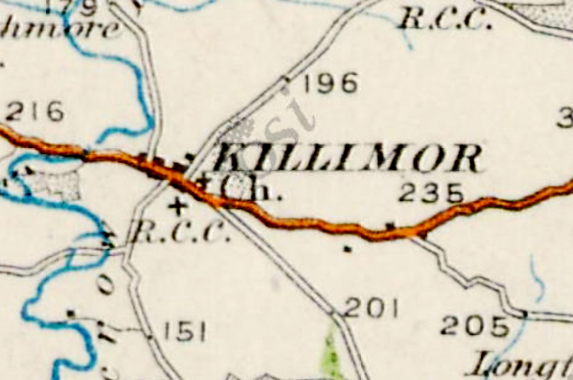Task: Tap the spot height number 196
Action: tap(330, 83)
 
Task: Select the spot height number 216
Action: tap(35, 112)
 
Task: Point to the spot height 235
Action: tap(430, 193)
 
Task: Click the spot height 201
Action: tap(371, 308)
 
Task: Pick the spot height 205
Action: tap(475, 326)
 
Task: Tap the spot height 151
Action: tap(184, 333)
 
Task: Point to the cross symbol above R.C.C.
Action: tap(178, 205)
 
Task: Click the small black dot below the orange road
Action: tap(347, 249)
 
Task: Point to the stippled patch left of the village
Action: tap(58, 184)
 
